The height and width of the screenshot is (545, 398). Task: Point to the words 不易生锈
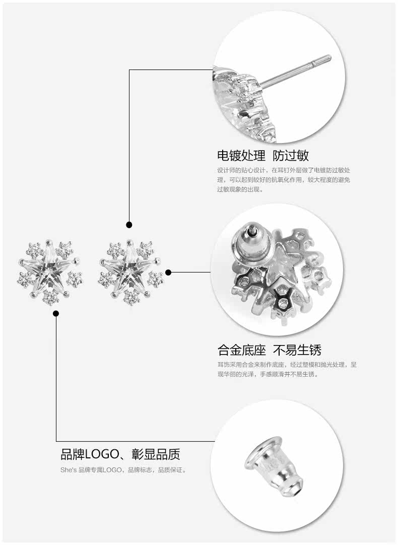pos(297,350)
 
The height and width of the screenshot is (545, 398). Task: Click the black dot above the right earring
pos(129,225)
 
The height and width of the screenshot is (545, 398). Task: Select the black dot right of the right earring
pos(168,272)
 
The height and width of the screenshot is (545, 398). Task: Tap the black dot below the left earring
pos(56,314)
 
